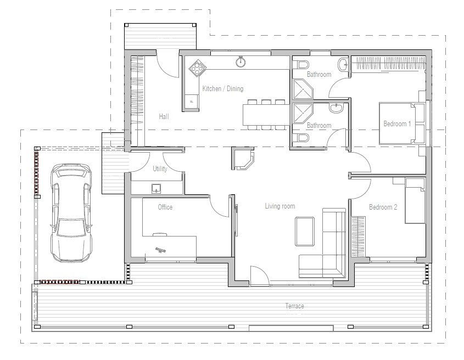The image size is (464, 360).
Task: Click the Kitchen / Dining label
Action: (222, 89)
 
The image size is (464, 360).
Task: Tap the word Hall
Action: (164, 116)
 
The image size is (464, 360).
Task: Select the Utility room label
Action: (160, 169)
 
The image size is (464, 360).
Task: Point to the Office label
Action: (165, 207)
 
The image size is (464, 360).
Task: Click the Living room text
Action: (280, 206)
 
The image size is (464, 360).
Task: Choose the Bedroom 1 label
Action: (396, 124)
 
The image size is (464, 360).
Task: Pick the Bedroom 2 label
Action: (383, 207)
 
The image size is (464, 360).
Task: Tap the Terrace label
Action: (294, 306)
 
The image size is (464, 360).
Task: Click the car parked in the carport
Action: (70, 213)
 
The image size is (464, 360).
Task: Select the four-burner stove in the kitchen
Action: (196, 69)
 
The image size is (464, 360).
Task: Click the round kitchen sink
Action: (241, 61)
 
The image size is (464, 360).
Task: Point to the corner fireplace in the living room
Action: (244, 160)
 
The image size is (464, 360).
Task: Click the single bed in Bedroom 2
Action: (415, 201)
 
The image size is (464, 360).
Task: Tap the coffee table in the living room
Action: (305, 232)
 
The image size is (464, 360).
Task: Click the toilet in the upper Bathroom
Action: (301, 65)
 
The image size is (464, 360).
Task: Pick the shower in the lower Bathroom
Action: (303, 114)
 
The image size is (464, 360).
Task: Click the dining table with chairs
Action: (265, 115)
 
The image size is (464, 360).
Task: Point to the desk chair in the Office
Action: (161, 250)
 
